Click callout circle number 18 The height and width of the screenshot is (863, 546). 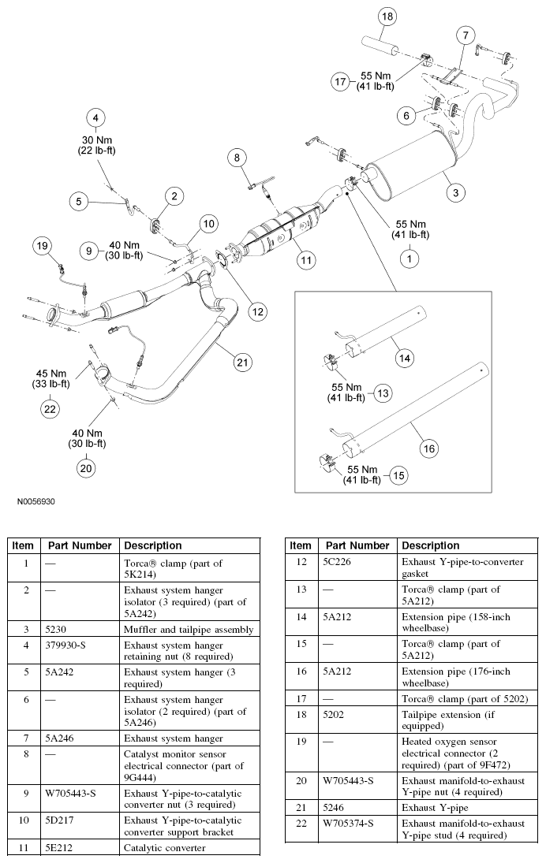point(387,17)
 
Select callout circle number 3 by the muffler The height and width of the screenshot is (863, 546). point(454,191)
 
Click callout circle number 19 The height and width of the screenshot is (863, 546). point(42,246)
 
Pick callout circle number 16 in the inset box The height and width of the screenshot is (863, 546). point(428,448)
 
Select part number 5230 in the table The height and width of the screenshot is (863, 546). point(60,629)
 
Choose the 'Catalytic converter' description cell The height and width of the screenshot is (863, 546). point(164,847)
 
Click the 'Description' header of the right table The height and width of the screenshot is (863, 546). point(429,545)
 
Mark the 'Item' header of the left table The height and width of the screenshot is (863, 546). point(23,545)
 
